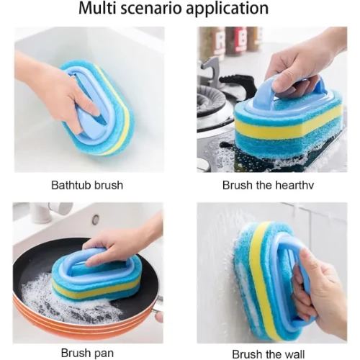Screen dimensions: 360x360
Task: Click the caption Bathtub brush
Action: click(x=87, y=185)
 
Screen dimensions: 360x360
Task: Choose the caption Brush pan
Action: click(x=87, y=353)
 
